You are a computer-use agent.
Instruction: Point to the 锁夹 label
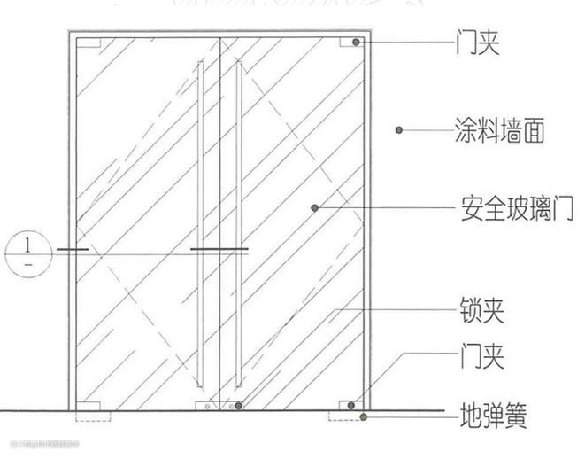482,311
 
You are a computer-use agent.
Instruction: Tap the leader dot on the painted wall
400,130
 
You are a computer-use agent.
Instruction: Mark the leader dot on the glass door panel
314,207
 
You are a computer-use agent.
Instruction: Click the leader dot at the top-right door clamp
355,43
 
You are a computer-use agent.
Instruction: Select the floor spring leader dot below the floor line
363,416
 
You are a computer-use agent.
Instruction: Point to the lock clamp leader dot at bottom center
238,407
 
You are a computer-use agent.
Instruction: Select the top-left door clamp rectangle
88,43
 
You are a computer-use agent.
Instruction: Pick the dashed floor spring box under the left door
92,416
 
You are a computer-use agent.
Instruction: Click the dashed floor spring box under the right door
342,416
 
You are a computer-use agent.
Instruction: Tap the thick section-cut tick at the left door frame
72,251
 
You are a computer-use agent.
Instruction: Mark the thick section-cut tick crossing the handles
219,251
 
